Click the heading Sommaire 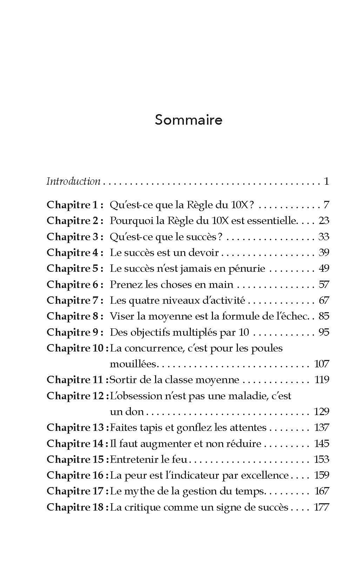click(188, 120)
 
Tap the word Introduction click(73, 181)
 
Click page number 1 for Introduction click(326, 181)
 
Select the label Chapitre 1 click(75, 205)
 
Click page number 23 click(324, 221)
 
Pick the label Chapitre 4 click(75, 252)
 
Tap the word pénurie click(245, 269)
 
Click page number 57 click(324, 284)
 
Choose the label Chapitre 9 click(75, 332)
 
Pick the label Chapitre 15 click(76, 459)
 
